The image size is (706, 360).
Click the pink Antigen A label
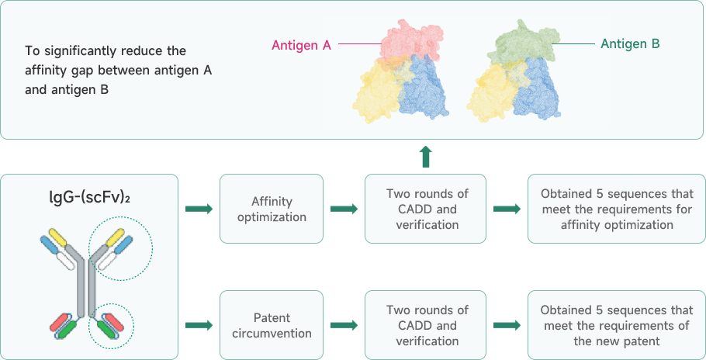(x=301, y=45)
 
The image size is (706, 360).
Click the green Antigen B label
(x=630, y=45)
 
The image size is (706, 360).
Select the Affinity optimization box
(x=272, y=209)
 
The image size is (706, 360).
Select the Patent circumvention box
(x=272, y=326)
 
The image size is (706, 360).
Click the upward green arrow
(x=425, y=156)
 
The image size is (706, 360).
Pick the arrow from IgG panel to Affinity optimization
(x=199, y=209)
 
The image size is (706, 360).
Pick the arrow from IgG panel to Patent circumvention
(x=199, y=326)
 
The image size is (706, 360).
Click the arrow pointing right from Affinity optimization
(x=344, y=209)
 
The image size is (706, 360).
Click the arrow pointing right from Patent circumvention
(x=344, y=326)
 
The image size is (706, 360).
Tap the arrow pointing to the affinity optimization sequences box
(x=507, y=209)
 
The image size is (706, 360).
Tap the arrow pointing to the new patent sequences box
(x=507, y=326)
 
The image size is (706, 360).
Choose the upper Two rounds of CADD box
(x=427, y=209)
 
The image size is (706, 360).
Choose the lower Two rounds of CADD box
(x=427, y=326)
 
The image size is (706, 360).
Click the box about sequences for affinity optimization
(x=617, y=209)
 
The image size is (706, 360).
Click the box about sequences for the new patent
(x=617, y=326)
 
